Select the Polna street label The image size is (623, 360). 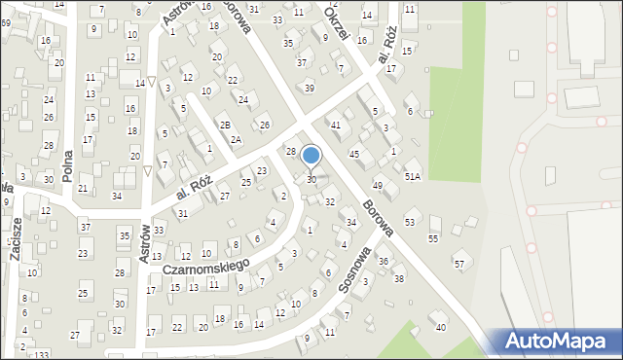[x=67, y=166]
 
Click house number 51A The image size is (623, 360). [x=413, y=175]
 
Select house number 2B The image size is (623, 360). [x=225, y=126]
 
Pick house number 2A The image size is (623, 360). [x=236, y=139]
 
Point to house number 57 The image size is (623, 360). [x=458, y=264]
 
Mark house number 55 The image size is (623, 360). [x=433, y=238]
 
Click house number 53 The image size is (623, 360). [x=410, y=223]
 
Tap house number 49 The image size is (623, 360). [x=378, y=185]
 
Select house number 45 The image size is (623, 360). [x=354, y=154]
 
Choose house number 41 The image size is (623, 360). [x=336, y=126]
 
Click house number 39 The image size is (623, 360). [x=310, y=89]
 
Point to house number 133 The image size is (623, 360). [x=41, y=355]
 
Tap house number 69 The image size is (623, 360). [x=6, y=21]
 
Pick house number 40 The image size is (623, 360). [x=440, y=327]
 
